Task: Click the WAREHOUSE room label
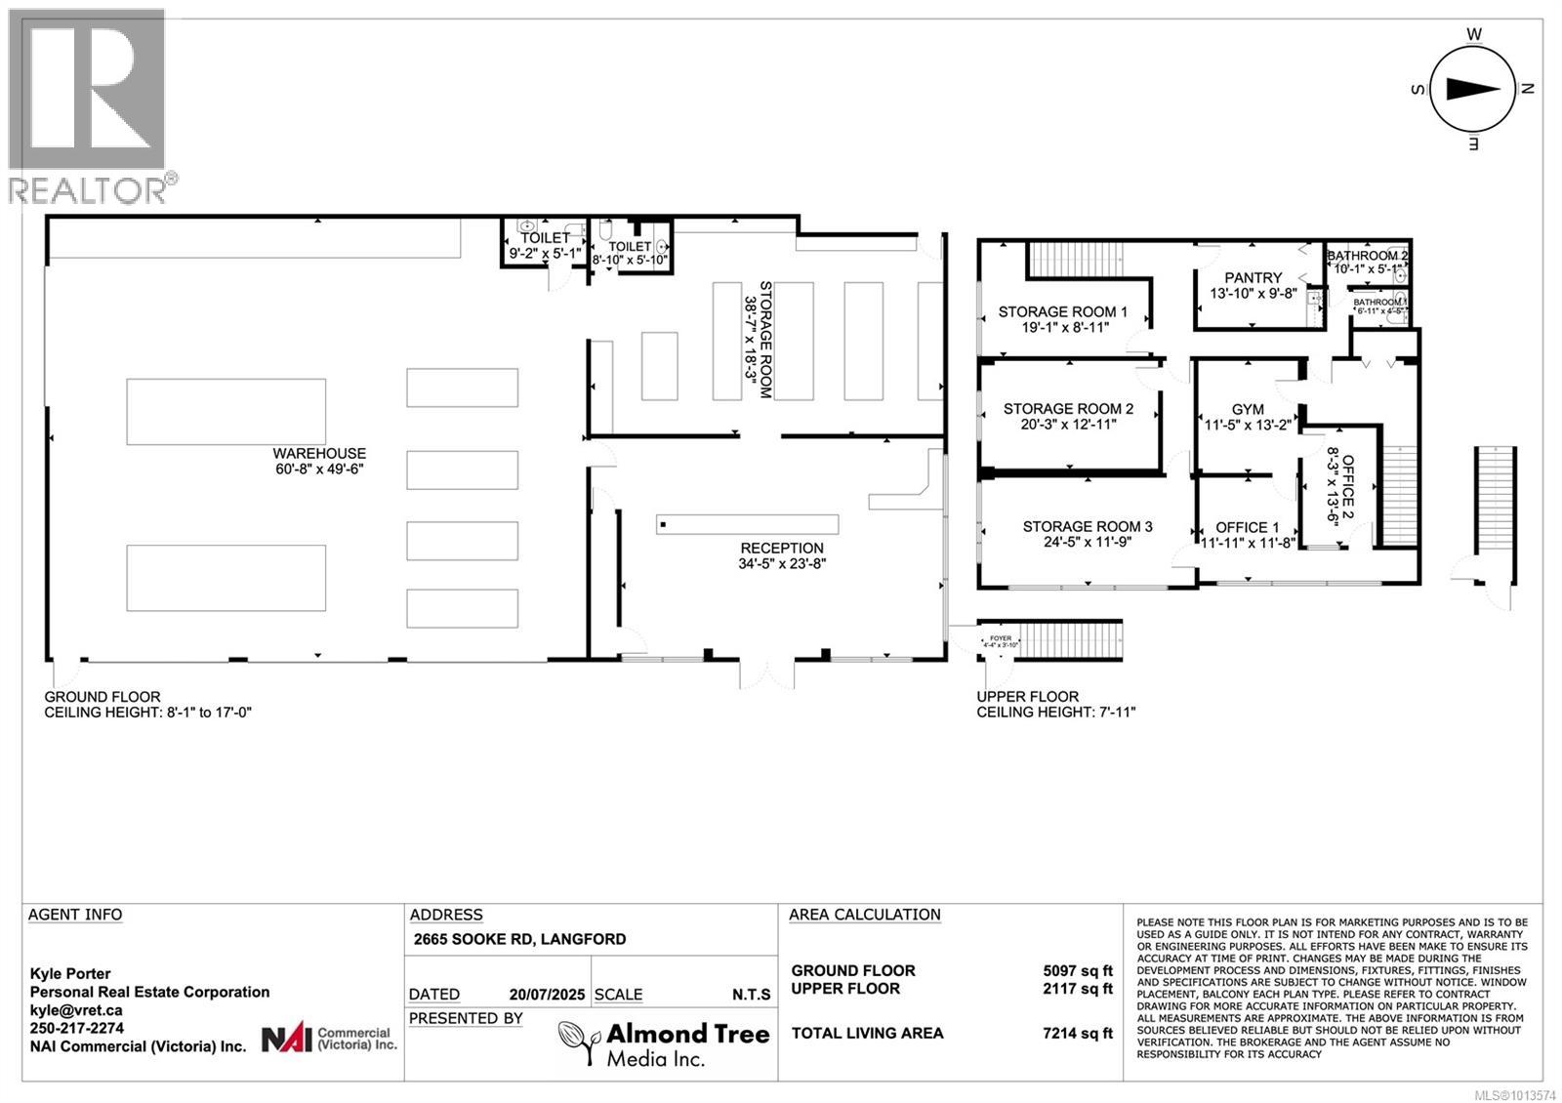(x=319, y=453)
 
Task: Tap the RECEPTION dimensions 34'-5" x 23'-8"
(x=782, y=564)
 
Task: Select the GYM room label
(x=1248, y=409)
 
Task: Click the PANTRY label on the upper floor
(x=1253, y=278)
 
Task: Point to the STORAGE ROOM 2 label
(x=1068, y=409)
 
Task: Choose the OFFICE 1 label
(x=1247, y=527)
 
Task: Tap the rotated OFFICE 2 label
(x=1348, y=489)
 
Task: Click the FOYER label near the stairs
(x=1000, y=638)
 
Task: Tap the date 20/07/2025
(x=547, y=995)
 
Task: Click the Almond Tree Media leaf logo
(x=579, y=1043)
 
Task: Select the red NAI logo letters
(x=286, y=1039)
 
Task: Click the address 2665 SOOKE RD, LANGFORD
(x=519, y=939)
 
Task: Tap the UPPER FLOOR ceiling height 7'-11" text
(x=1055, y=713)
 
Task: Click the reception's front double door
(x=767, y=672)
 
